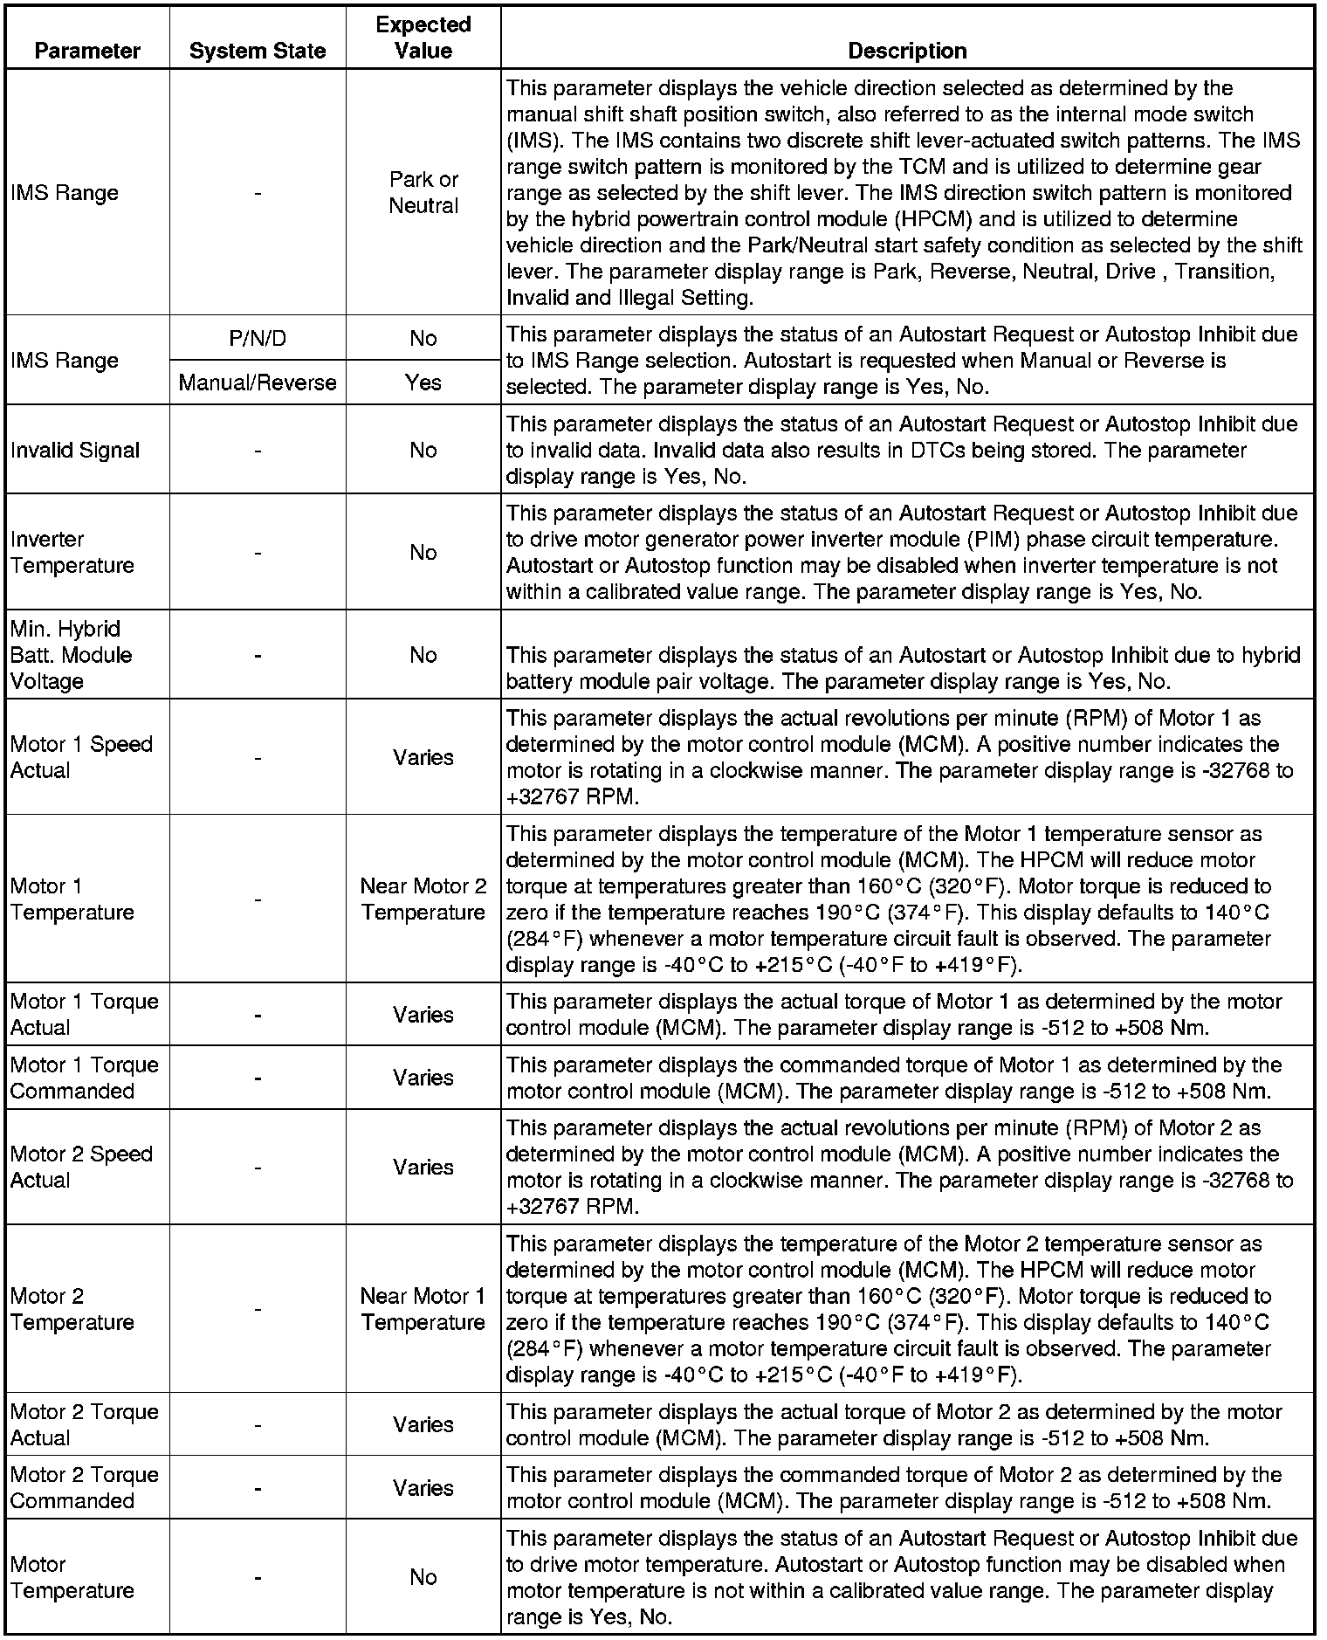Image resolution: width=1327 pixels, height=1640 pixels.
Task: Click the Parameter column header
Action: coord(87,51)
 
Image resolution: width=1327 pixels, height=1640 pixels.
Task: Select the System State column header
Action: coord(258,51)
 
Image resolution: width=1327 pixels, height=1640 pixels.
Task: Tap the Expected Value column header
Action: coord(423,38)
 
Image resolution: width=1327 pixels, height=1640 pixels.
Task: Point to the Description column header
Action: coord(907,51)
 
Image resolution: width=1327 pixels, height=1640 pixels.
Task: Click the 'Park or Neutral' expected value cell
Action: coord(423,192)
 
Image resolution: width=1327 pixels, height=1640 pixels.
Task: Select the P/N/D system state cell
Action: coord(258,338)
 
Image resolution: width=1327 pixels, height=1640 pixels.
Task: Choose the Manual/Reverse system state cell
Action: coord(258,382)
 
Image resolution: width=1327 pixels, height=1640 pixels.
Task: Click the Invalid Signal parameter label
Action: coord(75,450)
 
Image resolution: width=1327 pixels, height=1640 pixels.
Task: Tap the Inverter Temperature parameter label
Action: coord(72,552)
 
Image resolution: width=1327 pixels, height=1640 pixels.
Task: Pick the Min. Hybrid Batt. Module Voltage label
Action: coord(72,655)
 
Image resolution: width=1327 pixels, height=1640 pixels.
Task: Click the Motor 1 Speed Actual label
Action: coord(81,757)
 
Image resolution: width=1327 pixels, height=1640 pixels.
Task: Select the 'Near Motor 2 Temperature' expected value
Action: coord(423,899)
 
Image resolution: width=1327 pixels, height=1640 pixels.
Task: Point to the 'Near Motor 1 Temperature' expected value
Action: coord(423,1309)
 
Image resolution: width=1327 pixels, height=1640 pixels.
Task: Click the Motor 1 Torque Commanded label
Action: coord(85,1078)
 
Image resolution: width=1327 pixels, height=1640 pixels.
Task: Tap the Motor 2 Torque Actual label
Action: coord(85,1424)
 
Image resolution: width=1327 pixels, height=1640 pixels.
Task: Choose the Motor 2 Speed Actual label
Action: coord(81,1167)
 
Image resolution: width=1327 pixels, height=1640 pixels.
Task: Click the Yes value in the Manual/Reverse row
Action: coord(423,382)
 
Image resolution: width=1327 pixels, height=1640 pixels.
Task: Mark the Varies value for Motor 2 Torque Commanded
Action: coord(423,1487)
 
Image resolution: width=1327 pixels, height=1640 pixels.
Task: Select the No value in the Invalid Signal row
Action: coord(423,450)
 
